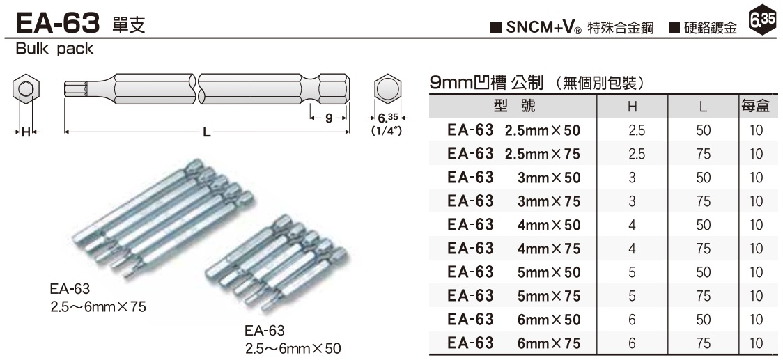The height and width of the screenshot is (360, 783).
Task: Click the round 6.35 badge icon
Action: pyautogui.click(x=763, y=21)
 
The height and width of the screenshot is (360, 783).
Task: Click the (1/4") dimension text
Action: pyautogui.click(x=387, y=130)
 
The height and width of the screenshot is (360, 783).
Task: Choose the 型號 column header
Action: pyautogui.click(x=513, y=107)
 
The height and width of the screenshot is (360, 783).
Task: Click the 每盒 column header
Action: pyautogui.click(x=757, y=107)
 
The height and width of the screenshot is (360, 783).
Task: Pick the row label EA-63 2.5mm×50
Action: pyautogui.click(x=513, y=130)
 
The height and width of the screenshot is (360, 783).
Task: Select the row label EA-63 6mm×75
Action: pyautogui.click(x=513, y=343)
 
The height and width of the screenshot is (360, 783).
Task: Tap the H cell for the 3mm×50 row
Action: pyautogui.click(x=633, y=178)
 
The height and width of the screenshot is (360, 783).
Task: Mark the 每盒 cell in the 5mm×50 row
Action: pyautogui.click(x=757, y=272)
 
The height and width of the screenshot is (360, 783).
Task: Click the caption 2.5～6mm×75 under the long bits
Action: pyautogui.click(x=98, y=306)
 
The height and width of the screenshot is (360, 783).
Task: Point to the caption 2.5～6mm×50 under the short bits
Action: pyautogui.click(x=293, y=347)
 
